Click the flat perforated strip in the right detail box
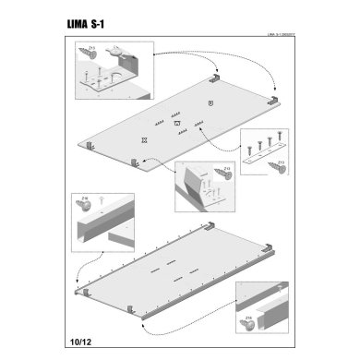tap(263, 151)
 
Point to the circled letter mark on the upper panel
tap(211, 102)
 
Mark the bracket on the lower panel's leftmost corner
tap(86, 291)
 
